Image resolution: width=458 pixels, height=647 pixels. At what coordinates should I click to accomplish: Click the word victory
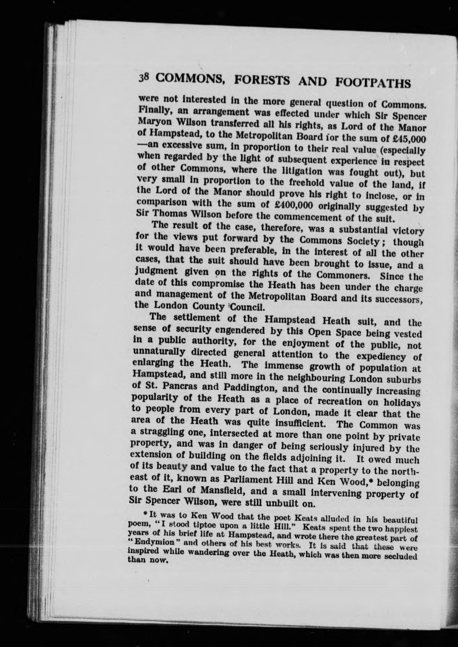tap(407, 231)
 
